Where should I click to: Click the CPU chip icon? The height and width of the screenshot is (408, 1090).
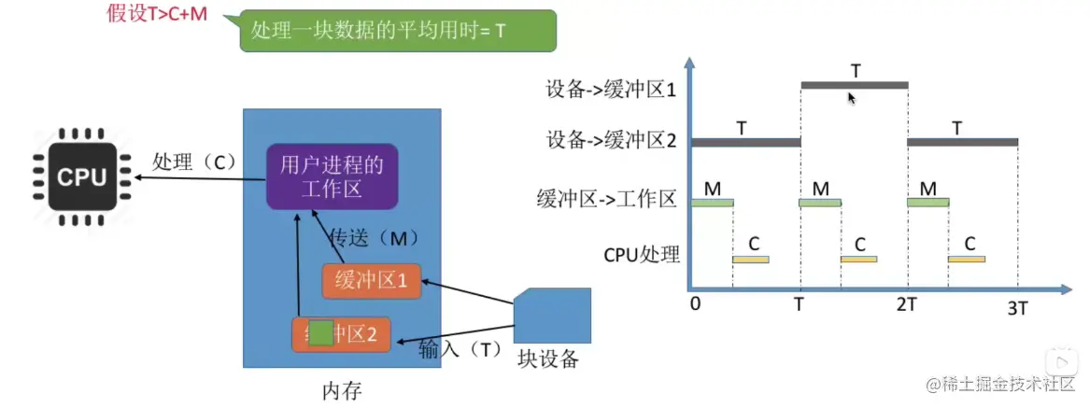coord(82,176)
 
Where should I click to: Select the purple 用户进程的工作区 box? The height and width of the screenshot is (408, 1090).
coord(332,176)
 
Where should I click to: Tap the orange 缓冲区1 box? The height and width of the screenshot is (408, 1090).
coord(371,281)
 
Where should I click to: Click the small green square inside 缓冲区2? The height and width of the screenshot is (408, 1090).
coord(320,333)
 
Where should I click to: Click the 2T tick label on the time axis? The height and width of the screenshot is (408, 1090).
coord(908,305)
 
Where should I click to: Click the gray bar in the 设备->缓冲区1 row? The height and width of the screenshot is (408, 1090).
coord(854,85)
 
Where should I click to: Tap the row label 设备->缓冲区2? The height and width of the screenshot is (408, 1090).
coord(612,142)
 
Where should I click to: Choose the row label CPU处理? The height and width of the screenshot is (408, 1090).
coord(642,253)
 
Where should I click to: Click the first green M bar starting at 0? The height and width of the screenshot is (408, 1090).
coord(713,202)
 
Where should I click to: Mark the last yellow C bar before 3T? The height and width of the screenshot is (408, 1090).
coord(966,259)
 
